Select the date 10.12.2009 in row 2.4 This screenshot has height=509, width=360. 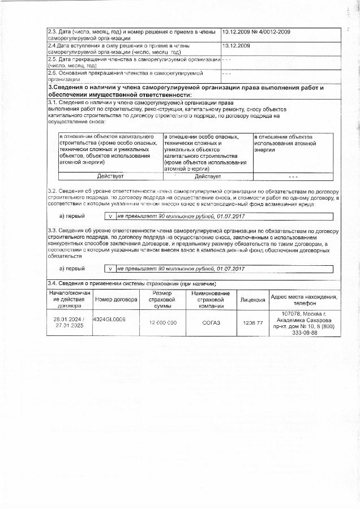click(237, 45)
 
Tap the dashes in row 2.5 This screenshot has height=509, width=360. click(226, 59)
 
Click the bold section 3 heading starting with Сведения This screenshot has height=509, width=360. click(186, 91)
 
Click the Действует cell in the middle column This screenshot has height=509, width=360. click(208, 176)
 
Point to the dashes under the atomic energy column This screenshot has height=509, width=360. click(293, 176)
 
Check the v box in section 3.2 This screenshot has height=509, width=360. click(111, 216)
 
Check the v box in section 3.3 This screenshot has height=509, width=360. click(111, 268)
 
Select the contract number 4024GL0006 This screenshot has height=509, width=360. click(109, 319)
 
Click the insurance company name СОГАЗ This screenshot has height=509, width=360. click(211, 322)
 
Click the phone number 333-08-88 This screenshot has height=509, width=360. click(305, 333)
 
